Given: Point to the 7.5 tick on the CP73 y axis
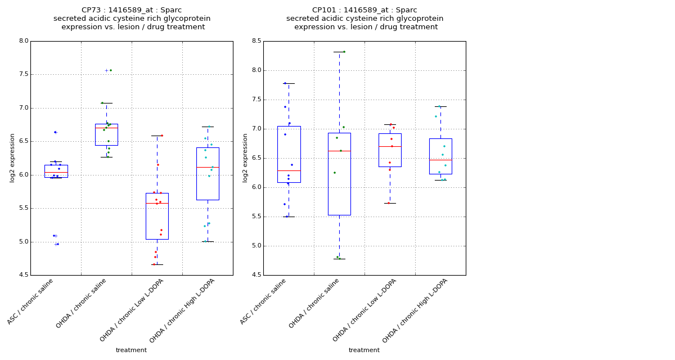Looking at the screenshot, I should [23, 74].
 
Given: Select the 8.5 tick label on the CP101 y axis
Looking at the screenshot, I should [256, 41].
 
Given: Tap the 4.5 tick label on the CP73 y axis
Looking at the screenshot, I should [23, 275].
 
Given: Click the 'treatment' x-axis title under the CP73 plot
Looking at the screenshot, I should [131, 350].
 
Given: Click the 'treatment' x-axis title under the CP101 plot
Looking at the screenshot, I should [364, 350].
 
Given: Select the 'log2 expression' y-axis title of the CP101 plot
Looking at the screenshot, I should [245, 157].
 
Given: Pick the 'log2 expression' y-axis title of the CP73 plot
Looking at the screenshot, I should [12, 157].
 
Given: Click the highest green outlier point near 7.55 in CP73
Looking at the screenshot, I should [111, 70].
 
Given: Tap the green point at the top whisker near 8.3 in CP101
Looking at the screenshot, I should [344, 52].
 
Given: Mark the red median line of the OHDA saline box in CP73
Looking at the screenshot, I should [106, 128].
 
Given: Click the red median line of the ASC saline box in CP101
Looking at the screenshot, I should [289, 170].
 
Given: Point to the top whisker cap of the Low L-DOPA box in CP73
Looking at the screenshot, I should [157, 136].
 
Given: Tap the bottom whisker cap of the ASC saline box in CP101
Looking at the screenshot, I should [289, 217].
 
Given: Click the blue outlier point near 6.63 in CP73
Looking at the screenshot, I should [55, 132].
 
